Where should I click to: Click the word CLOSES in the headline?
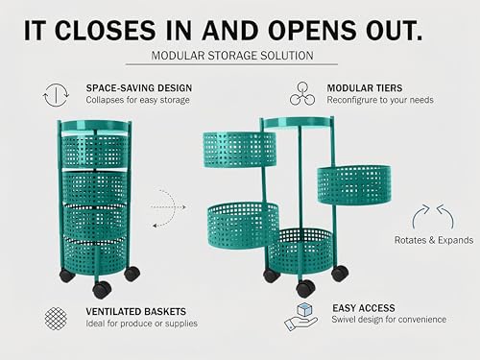pyautogui.click(x=106, y=31)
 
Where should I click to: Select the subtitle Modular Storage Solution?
pyautogui.click(x=232, y=56)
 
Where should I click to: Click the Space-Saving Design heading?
pyautogui.click(x=139, y=88)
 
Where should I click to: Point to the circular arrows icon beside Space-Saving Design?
pyautogui.click(x=56, y=95)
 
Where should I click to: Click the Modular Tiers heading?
pyautogui.click(x=365, y=88)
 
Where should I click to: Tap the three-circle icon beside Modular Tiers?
pyautogui.click(x=302, y=93)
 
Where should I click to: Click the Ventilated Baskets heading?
pyautogui.click(x=135, y=311)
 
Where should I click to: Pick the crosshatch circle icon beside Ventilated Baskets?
pyautogui.click(x=56, y=319)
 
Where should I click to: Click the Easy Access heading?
pyautogui.click(x=364, y=308)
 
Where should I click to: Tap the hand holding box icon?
pyautogui.click(x=300, y=317)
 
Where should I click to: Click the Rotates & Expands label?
pyautogui.click(x=434, y=240)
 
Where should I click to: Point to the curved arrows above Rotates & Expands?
pyautogui.click(x=433, y=216)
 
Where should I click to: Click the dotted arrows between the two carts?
pyautogui.click(x=168, y=208)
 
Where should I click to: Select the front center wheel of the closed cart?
pyautogui.click(x=102, y=289)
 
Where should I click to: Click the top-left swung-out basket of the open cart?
pyautogui.click(x=239, y=150)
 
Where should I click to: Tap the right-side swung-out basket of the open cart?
pyautogui.click(x=354, y=185)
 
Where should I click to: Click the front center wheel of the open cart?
pyautogui.click(x=306, y=288)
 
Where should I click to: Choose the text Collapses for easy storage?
pyautogui.click(x=137, y=100)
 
